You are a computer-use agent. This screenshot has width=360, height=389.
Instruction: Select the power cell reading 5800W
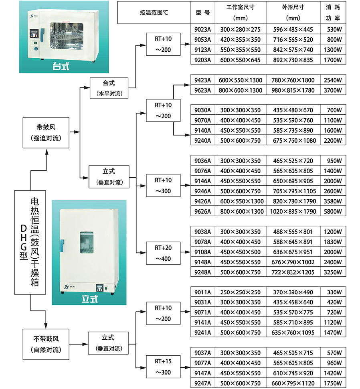tap(334, 211)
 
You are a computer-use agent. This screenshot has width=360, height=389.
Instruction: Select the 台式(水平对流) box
tap(109, 88)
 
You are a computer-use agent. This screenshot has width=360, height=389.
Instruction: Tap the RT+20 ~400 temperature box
tap(163, 253)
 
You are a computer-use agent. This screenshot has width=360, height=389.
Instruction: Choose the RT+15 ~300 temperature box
tap(163, 367)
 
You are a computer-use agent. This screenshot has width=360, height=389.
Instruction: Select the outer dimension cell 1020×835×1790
tap(294, 211)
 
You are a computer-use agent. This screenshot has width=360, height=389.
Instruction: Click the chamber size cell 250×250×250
tap(240, 292)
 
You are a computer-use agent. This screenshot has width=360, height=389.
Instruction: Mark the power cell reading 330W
tap(334, 292)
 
